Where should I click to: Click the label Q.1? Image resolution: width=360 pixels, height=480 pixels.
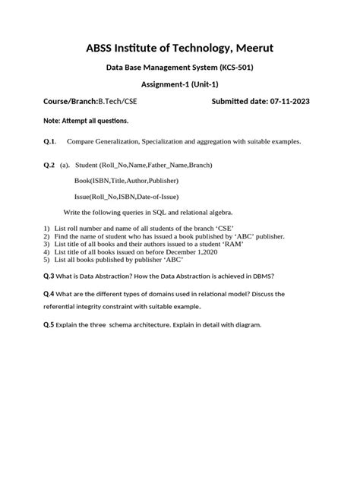tap(50, 141)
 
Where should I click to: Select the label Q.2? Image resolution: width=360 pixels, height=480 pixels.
tap(50, 164)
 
